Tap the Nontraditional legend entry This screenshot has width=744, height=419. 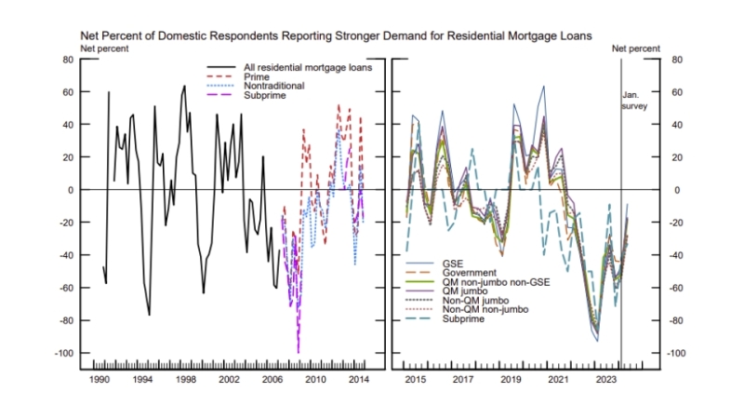(x=273, y=86)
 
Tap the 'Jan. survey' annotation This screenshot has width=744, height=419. (x=634, y=100)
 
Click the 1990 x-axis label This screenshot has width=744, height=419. (x=100, y=380)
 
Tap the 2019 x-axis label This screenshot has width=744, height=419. (x=510, y=380)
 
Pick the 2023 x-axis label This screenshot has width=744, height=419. (x=605, y=380)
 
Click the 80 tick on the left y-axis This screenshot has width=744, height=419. (x=67, y=59)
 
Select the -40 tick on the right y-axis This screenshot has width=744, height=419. (x=677, y=255)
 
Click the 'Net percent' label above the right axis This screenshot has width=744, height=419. (x=641, y=47)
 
